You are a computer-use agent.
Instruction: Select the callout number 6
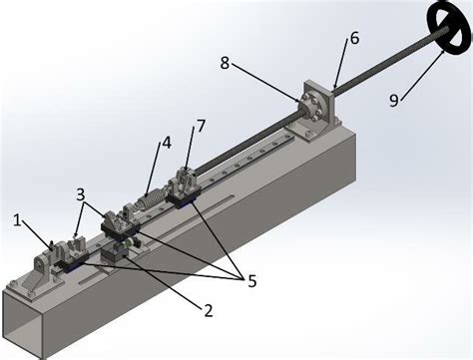(354, 39)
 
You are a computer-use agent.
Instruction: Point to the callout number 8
(225, 62)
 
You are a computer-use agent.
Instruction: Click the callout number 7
(202, 127)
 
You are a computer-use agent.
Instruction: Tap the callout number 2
(208, 310)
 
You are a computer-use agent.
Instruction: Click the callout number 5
(251, 282)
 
